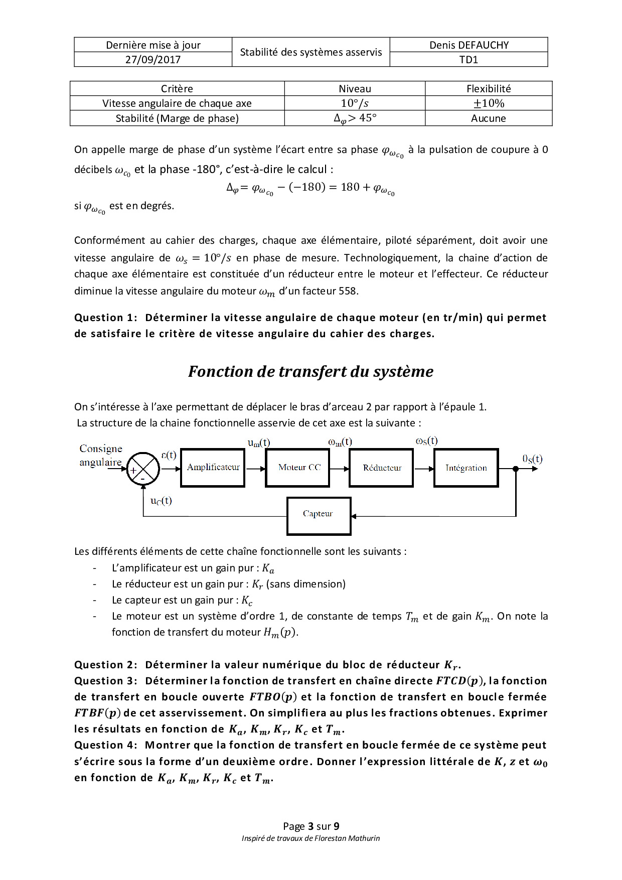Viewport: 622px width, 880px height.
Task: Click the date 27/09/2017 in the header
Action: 153,60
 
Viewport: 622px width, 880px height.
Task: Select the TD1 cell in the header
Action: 469,60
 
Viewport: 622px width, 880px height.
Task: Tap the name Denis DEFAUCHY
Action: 469,45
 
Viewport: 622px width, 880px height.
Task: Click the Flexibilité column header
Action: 489,89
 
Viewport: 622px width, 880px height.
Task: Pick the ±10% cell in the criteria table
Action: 489,103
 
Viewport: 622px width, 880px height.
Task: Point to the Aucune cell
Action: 489,118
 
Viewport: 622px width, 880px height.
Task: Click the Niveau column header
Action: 355,89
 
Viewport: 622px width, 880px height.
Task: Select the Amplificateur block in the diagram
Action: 213,468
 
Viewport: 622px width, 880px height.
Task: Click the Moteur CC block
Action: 297,468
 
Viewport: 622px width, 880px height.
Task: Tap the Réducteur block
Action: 381,468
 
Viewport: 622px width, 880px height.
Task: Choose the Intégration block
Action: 466,468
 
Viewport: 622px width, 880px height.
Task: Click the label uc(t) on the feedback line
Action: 161,501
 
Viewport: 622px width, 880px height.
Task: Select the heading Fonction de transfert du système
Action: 310,372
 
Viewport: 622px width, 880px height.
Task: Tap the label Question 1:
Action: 105,318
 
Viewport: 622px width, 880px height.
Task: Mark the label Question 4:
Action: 105,745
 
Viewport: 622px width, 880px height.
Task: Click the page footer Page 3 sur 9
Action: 311,826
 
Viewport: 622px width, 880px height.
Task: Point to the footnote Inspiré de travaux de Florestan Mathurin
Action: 310,838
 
